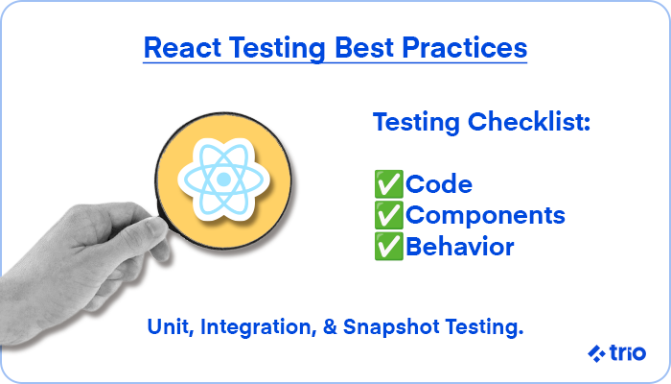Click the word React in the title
click(182, 47)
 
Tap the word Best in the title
click(363, 47)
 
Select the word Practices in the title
click(464, 47)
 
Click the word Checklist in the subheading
click(529, 122)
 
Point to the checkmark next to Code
click(388, 184)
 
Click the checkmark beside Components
click(388, 215)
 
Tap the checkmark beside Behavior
click(388, 247)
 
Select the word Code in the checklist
click(439, 184)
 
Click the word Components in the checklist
click(485, 216)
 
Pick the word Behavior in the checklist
click(459, 247)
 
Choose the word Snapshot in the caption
click(391, 328)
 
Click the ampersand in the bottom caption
click(330, 327)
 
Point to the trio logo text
click(628, 352)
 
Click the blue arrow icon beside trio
click(596, 353)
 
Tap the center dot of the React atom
click(223, 180)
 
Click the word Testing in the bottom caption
click(484, 328)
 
